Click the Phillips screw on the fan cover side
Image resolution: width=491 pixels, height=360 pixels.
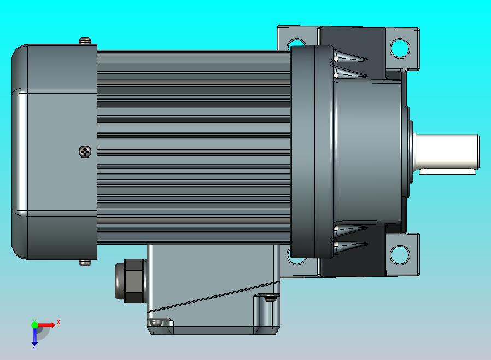coord(85,152)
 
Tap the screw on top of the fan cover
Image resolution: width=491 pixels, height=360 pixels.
coord(85,41)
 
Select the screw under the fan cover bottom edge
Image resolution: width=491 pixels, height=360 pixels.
coord(85,263)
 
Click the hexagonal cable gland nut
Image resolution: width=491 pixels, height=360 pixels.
coord(131,280)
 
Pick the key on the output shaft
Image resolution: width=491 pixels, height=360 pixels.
coord(447,172)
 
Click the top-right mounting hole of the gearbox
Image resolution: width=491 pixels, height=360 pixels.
coord(400,48)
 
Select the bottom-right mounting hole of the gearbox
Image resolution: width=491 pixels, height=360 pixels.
coord(400,254)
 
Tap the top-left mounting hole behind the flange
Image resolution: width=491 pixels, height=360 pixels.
coord(296,43)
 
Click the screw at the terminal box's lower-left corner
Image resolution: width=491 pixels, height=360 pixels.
coord(157,323)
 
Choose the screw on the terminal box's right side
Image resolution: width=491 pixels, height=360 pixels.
coord(270,299)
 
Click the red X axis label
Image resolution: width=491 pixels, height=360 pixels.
coord(59,322)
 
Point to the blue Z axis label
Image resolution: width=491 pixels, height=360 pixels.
coord(34,346)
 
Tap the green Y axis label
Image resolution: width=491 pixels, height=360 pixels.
coord(34,321)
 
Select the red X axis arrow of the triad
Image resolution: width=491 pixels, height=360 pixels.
coord(48,326)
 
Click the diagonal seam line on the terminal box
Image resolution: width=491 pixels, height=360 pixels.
coord(213,298)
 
